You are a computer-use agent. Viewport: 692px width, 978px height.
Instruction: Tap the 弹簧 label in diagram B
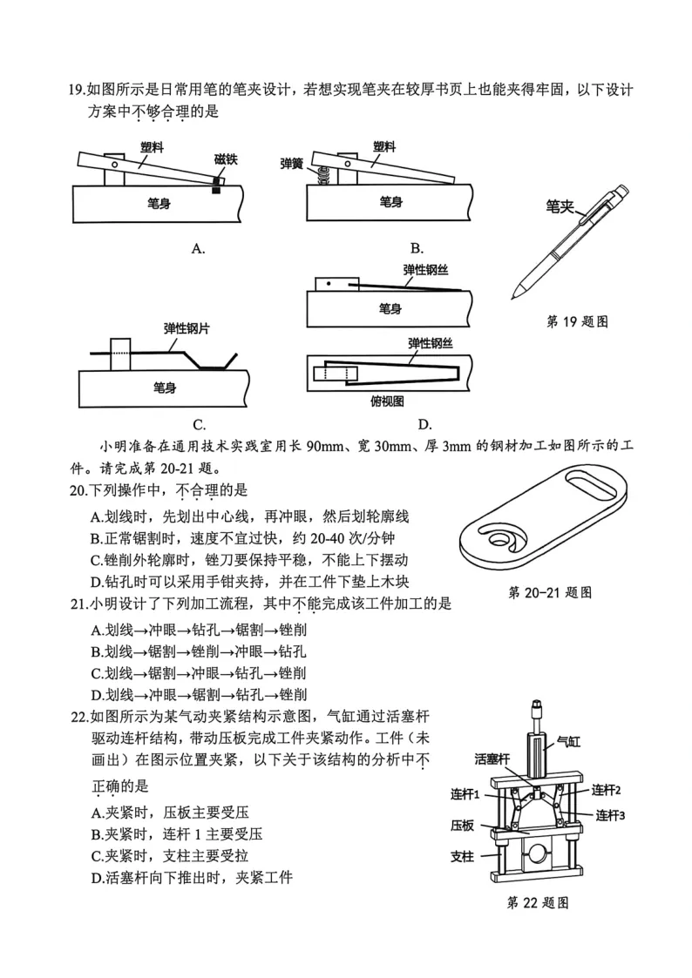coord(291,163)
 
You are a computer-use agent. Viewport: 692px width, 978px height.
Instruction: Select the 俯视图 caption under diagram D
coord(386,401)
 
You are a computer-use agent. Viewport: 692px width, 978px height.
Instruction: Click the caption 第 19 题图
coord(576,321)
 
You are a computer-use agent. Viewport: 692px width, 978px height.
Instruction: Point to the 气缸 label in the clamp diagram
coord(567,742)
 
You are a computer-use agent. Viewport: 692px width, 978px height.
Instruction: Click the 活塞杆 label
coord(492,759)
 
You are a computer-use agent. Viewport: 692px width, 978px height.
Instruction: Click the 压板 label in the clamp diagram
coord(462,824)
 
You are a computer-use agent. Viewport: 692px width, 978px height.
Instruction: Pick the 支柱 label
coord(462,856)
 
